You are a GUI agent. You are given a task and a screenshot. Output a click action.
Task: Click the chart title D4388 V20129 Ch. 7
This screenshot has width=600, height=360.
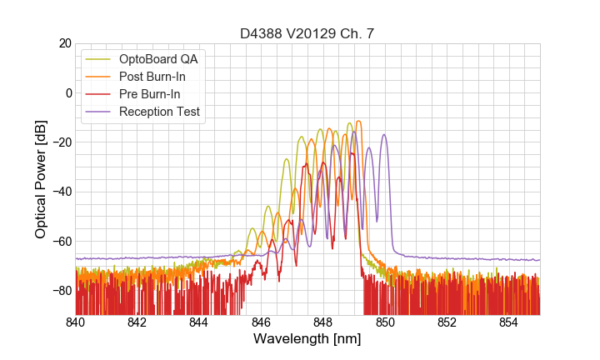point(307,33)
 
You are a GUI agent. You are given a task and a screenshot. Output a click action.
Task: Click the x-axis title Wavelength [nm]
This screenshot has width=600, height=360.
point(307,340)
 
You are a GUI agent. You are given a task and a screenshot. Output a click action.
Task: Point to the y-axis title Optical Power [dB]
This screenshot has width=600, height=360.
point(41,178)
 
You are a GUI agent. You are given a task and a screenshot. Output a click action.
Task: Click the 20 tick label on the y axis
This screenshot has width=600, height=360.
point(64,43)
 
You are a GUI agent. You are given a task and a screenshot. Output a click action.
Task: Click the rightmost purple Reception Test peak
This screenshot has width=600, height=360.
point(384,135)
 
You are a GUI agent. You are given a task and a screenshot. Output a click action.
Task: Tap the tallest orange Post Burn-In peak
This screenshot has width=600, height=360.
point(357,122)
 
